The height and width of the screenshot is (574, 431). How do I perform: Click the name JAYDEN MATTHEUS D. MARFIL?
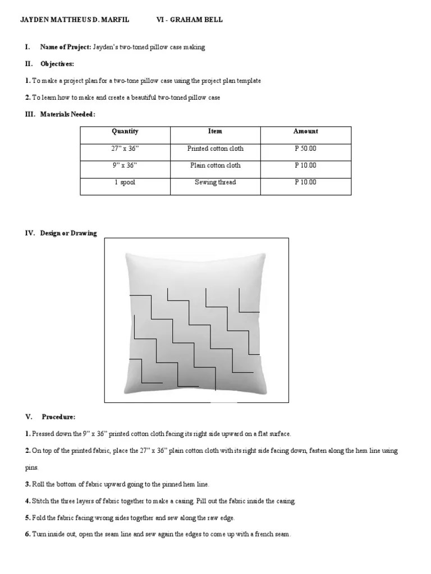tap(75, 20)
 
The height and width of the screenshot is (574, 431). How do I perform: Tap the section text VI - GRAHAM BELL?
tap(189, 20)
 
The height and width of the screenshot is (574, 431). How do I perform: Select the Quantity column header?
tap(125, 131)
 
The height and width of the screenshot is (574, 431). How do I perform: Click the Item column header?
tap(215, 131)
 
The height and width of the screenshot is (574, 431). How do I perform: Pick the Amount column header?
tap(305, 131)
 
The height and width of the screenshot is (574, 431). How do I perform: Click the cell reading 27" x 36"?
tap(125, 149)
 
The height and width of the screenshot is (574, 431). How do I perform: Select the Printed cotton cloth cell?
tap(215, 149)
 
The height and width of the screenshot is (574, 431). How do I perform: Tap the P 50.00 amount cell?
tap(305, 149)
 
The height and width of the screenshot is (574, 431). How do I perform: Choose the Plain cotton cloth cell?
tap(215, 165)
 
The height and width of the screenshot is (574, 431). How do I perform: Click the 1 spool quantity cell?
tap(125, 182)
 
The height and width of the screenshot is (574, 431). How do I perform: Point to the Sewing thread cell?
tap(215, 182)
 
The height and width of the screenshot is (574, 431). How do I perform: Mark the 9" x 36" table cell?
tap(125, 165)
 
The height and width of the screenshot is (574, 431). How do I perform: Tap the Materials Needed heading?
tap(67, 114)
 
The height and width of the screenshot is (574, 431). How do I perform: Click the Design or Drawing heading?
tap(68, 233)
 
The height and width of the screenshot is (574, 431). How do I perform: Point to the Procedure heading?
tap(58, 417)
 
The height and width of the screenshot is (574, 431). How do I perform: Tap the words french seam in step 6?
tap(272, 534)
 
